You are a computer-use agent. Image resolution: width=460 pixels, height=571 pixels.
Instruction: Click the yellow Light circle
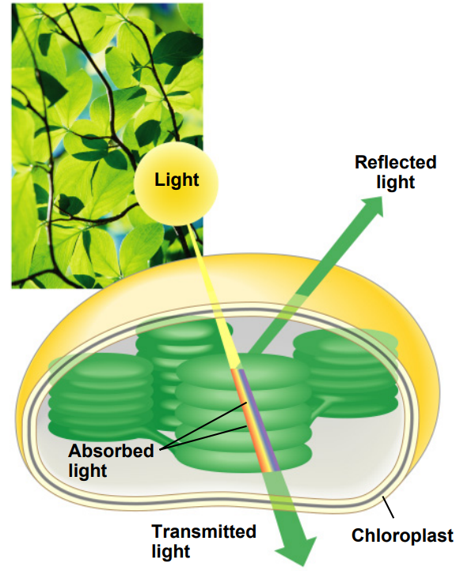tap(176, 183)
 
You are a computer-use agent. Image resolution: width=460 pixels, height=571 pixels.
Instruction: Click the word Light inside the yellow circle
tap(177, 180)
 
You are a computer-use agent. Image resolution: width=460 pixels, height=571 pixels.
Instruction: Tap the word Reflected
tap(396, 162)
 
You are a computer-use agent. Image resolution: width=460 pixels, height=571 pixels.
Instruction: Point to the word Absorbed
tap(111, 451)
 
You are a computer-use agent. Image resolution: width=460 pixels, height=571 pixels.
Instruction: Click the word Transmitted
tap(203, 531)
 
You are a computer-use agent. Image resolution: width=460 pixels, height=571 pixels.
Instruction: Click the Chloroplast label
tap(402, 535)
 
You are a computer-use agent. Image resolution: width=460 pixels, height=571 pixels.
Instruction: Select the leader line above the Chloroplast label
tap(387, 507)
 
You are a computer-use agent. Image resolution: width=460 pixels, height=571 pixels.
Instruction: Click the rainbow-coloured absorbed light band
tap(254, 421)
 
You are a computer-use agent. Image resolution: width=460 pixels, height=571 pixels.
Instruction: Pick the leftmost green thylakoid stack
tap(101, 396)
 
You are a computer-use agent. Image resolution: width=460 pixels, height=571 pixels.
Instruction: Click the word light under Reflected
tap(396, 183)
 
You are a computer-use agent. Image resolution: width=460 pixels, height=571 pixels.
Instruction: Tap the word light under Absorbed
tap(87, 471)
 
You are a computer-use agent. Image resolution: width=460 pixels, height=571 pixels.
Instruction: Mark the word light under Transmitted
tap(170, 551)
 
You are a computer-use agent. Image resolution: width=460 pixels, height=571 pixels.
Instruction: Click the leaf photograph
tap(107, 146)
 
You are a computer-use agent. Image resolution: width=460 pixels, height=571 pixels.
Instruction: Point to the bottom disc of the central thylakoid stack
tap(244, 456)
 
